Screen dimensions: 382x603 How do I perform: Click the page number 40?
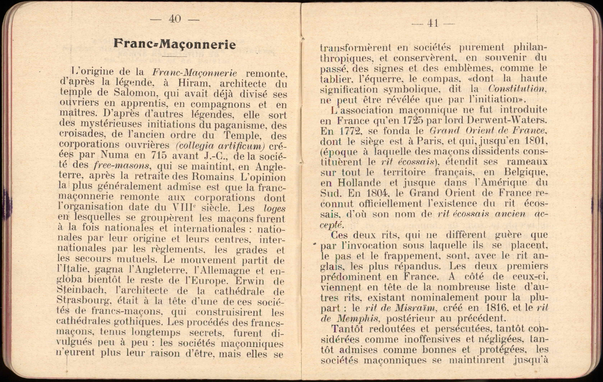coord(175,19)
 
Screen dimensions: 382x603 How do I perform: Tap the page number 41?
coord(433,24)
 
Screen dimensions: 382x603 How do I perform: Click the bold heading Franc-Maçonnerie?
coord(175,44)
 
